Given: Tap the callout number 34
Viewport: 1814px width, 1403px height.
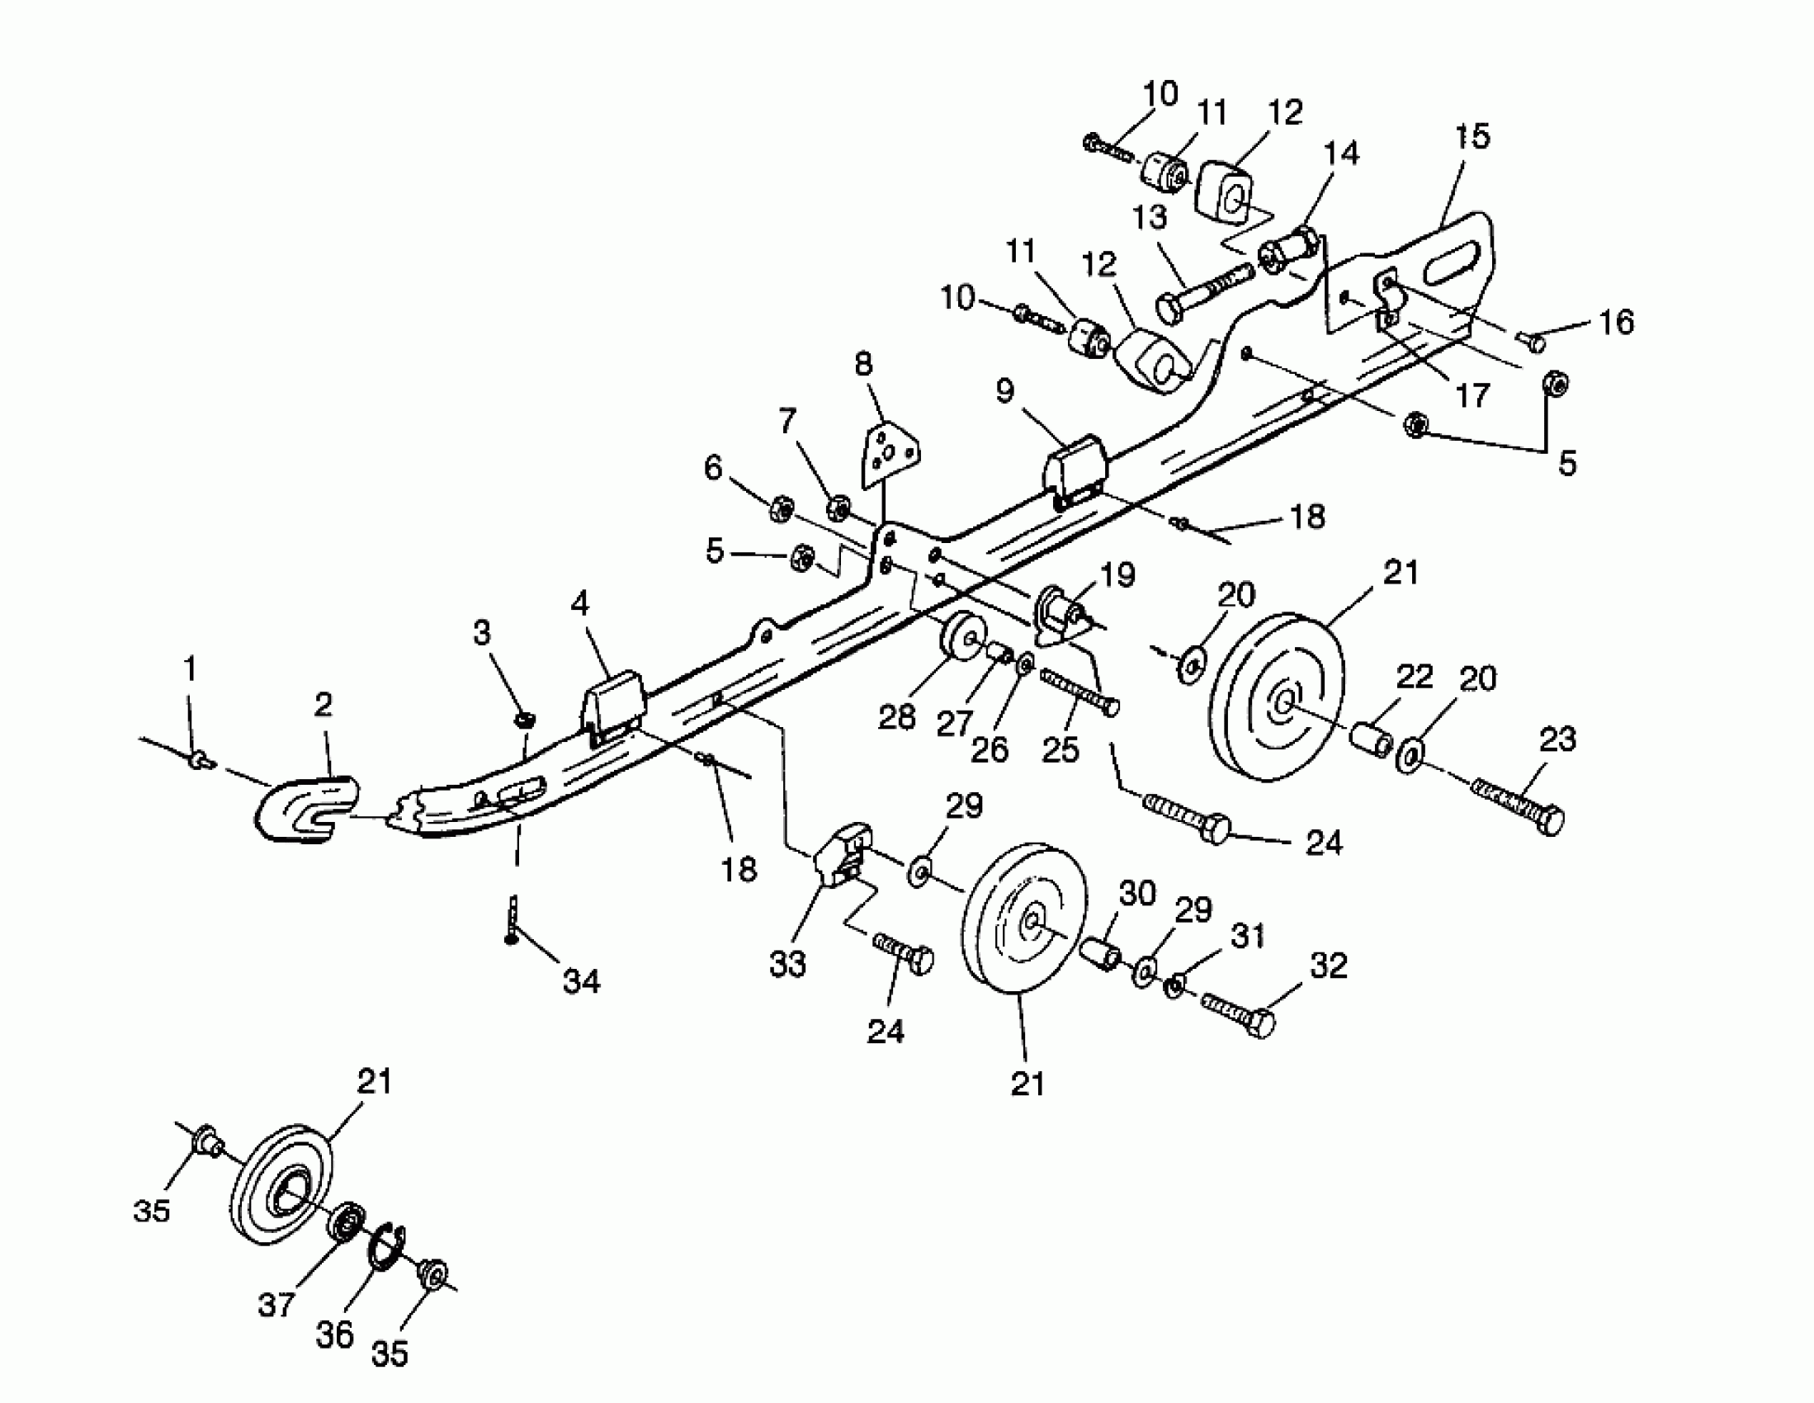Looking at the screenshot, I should (580, 982).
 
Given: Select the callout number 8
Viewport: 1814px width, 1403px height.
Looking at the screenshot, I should (864, 365).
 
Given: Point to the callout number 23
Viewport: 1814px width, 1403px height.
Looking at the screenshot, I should (1557, 739).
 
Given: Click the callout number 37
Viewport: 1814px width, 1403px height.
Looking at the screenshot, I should (276, 1305).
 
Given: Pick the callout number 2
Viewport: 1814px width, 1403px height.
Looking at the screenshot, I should (323, 705).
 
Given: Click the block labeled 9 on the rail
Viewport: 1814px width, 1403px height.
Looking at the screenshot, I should (1075, 471).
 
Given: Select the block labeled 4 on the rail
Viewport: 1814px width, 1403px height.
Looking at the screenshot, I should (615, 703).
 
